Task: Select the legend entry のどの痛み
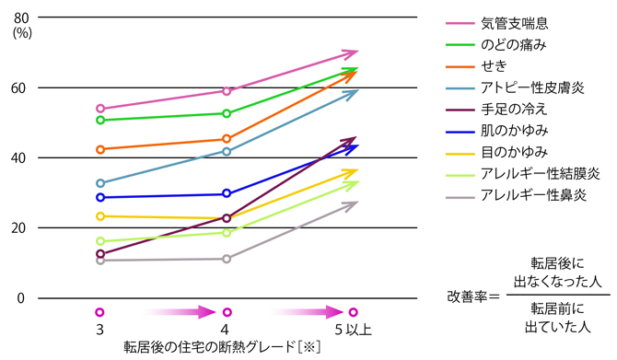tap(515, 43)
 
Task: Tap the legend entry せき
tap(493, 65)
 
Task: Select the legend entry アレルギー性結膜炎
tap(538, 173)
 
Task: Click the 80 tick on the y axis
tap(20, 18)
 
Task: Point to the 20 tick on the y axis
tap(20, 228)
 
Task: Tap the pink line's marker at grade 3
tap(100, 109)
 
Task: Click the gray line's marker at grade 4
tap(227, 259)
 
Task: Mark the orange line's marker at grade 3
tap(100, 149)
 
